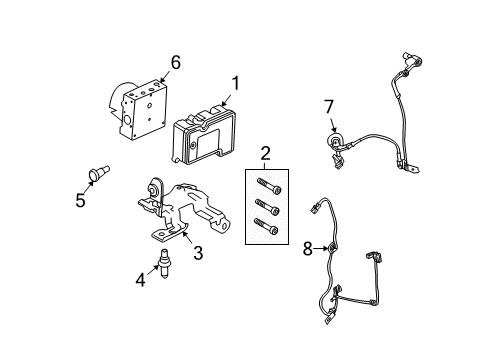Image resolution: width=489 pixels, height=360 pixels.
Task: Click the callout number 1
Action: pos(235,83)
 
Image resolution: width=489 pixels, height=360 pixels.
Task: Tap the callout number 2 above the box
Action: pos(265,154)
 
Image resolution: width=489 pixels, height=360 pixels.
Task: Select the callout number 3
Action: pos(198,253)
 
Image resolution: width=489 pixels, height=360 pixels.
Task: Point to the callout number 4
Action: pos(140,280)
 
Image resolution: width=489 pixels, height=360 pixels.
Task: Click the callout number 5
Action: pos(80,200)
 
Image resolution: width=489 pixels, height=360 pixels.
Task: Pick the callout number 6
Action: pos(175,62)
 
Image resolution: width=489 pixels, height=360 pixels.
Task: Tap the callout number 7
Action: pos(329,107)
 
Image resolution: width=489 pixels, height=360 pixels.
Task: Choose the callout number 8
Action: pos(307,249)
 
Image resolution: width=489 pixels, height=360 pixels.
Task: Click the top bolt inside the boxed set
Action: pos(269,186)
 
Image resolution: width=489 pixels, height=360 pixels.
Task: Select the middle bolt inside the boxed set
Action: pos(267,207)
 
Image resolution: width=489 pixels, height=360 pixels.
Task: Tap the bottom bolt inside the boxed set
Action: pos(266,226)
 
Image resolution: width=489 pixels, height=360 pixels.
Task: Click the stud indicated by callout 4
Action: pos(164,263)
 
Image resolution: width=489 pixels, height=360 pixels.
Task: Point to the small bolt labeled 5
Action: pos(99,173)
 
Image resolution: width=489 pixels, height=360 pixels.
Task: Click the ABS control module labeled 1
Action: pos(204,135)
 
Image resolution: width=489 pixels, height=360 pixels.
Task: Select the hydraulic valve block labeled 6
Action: pos(138,109)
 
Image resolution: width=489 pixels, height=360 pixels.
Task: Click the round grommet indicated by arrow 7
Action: pos(333,140)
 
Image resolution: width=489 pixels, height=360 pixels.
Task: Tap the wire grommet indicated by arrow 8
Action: pos(333,248)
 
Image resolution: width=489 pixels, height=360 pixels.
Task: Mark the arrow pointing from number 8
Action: pos(321,248)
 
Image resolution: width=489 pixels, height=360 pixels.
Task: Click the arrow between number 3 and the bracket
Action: pos(187,238)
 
